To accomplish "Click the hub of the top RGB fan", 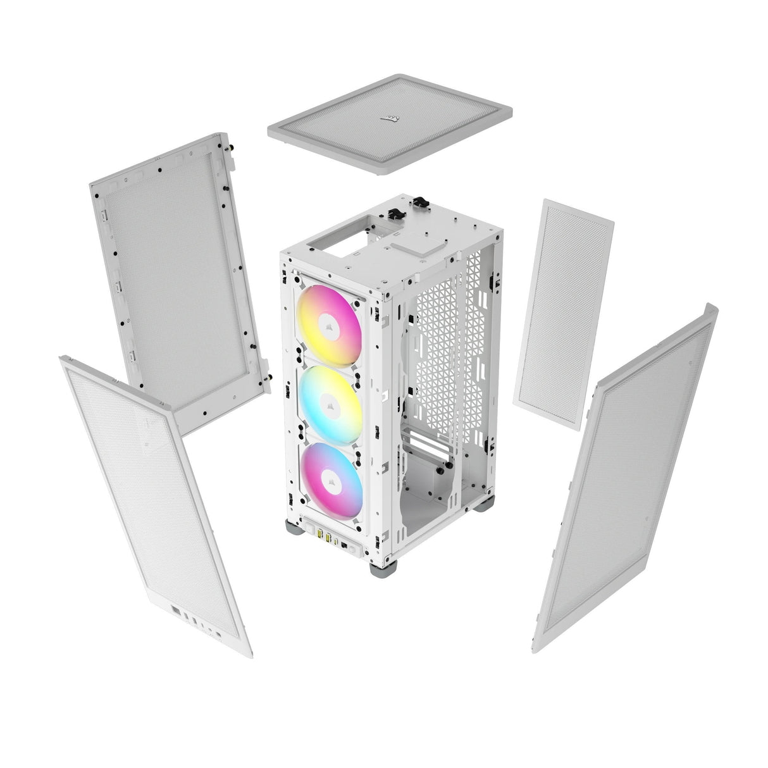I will pyautogui.click(x=329, y=327).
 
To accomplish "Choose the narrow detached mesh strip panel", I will pyautogui.click(x=563, y=313).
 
